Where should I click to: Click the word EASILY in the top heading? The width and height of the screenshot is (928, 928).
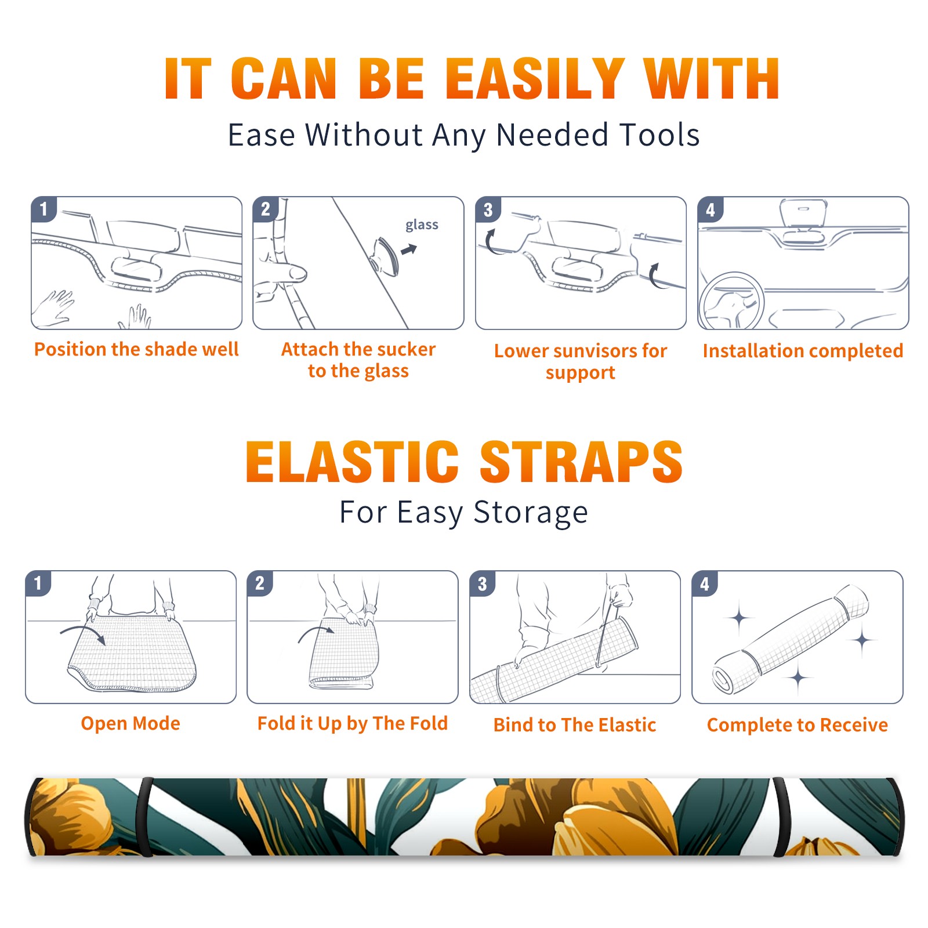point(535,79)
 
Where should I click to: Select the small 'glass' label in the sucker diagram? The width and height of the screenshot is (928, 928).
point(422,225)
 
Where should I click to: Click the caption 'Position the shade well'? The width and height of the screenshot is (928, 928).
point(136,349)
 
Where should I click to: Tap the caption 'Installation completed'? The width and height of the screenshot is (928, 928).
point(803,351)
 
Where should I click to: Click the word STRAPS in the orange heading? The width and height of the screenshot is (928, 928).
point(581,462)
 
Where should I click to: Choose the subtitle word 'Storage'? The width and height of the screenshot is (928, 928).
point(531,513)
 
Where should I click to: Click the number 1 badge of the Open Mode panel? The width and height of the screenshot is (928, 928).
point(38,583)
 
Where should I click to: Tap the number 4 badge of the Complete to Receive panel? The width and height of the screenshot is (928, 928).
point(705,583)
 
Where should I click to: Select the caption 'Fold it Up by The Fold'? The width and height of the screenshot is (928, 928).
point(353,723)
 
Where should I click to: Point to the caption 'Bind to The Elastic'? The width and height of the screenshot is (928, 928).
point(575,725)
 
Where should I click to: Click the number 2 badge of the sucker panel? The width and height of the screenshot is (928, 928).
point(266,209)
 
